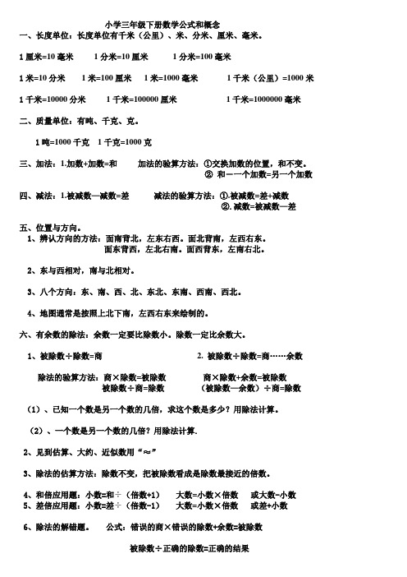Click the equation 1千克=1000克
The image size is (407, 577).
tap(125, 143)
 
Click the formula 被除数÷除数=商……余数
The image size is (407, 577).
tap(255, 356)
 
